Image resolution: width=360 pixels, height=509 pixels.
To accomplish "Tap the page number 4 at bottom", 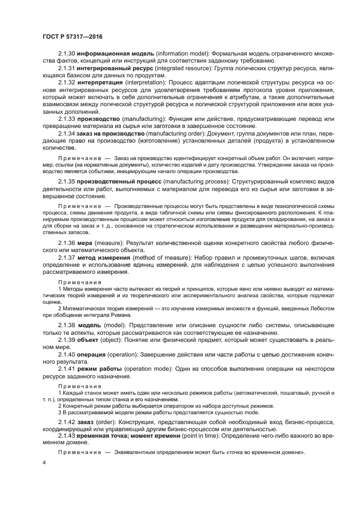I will pyautogui.click(x=44, y=462).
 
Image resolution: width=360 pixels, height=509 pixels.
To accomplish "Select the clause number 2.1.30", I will pyautogui.click(x=66, y=54).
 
